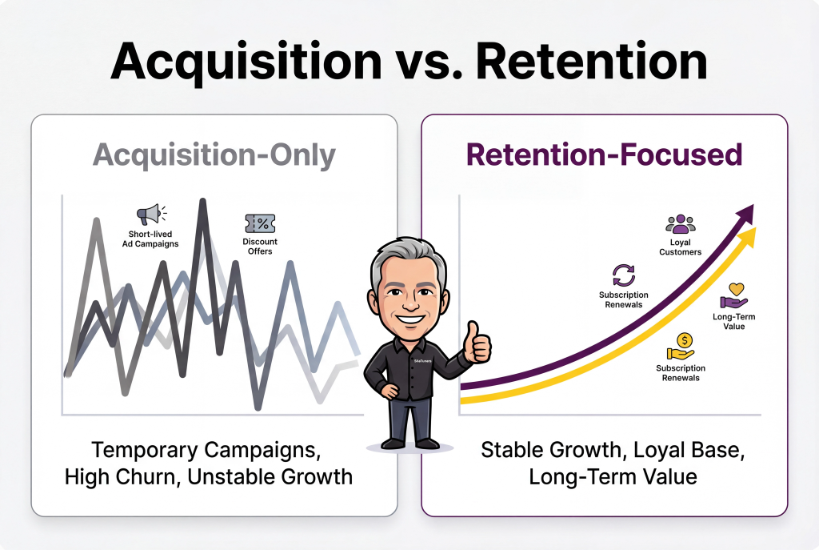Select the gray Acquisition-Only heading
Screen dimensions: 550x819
tap(214, 155)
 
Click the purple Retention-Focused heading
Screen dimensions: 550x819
tap(605, 155)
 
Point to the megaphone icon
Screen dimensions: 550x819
tap(150, 215)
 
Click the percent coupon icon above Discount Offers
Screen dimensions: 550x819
tap(260, 223)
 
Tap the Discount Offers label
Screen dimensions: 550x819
tap(260, 247)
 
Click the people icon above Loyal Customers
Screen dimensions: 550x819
tap(680, 223)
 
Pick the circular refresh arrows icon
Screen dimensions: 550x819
tap(623, 275)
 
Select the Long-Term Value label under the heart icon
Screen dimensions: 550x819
tap(733, 322)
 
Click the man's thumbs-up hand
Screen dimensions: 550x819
tap(477, 343)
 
